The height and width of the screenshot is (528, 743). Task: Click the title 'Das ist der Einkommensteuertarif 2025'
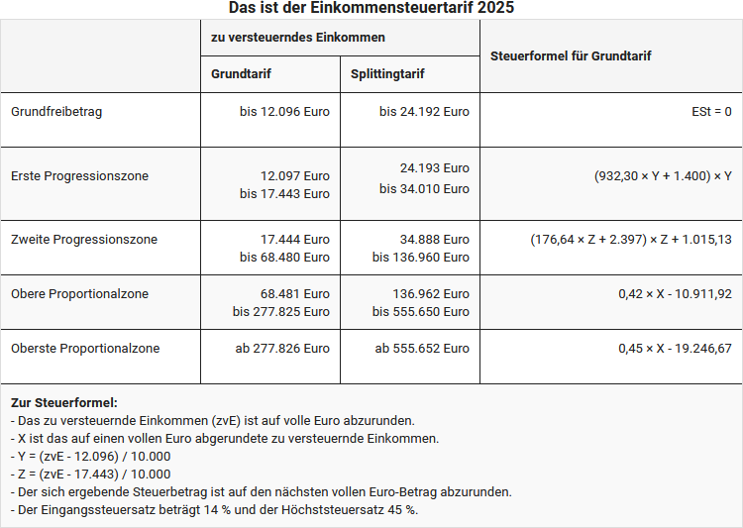click(x=371, y=8)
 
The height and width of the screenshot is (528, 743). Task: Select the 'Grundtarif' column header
click(x=241, y=74)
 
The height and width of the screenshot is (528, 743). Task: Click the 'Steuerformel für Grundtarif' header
click(x=571, y=56)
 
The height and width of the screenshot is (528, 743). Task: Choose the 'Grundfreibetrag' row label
click(x=56, y=112)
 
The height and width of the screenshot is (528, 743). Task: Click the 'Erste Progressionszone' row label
click(x=79, y=176)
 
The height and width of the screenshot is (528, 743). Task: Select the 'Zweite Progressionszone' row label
click(x=84, y=240)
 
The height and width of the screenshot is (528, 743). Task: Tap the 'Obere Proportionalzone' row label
click(x=79, y=294)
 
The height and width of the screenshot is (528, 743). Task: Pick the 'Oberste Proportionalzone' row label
click(x=85, y=349)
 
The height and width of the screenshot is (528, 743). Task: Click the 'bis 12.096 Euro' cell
click(x=284, y=112)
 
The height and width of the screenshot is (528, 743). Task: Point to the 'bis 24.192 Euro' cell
click(x=424, y=112)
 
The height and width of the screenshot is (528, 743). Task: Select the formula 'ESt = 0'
click(x=711, y=112)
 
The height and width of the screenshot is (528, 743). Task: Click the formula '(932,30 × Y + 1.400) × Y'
click(x=663, y=176)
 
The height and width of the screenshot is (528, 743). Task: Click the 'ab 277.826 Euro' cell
click(x=282, y=349)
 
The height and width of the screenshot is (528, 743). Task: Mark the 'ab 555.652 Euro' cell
click(x=422, y=349)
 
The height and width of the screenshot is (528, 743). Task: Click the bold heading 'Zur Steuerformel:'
click(x=63, y=403)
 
